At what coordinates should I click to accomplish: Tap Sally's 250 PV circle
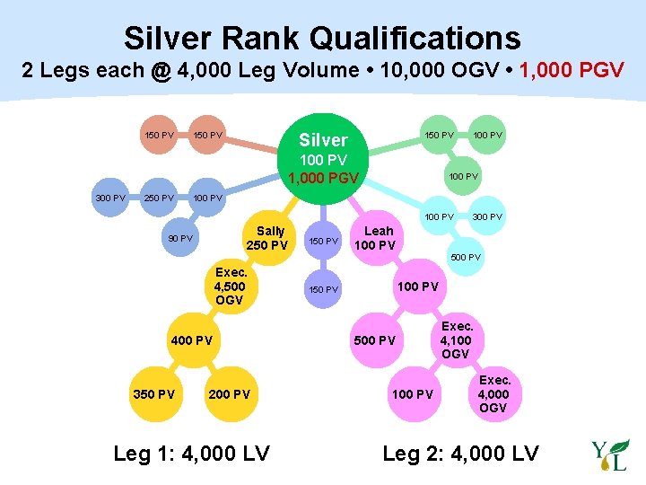pyautogui.click(x=266, y=238)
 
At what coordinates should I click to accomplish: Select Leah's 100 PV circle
pyautogui.click(x=373, y=238)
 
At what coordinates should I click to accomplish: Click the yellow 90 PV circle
pyautogui.click(x=180, y=238)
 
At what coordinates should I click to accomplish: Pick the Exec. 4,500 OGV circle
pyautogui.click(x=229, y=287)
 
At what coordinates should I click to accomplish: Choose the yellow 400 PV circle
pyautogui.click(x=192, y=340)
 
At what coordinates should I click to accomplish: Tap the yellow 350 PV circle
pyautogui.click(x=153, y=394)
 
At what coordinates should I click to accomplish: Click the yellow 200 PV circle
pyautogui.click(x=229, y=394)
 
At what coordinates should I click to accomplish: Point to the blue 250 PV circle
pyautogui.click(x=159, y=197)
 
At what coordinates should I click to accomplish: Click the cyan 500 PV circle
pyautogui.click(x=465, y=258)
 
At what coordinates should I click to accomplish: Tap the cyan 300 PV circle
pyautogui.click(x=487, y=216)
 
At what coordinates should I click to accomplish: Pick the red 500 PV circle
pyautogui.click(x=374, y=340)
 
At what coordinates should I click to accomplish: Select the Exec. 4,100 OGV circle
pyautogui.click(x=456, y=340)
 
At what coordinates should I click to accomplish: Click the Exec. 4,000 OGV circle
pyautogui.click(x=493, y=394)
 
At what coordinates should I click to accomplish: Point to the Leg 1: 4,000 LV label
pyautogui.click(x=191, y=454)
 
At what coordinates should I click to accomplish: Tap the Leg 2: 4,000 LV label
pyautogui.click(x=460, y=454)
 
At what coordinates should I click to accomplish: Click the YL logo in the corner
pyautogui.click(x=610, y=455)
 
